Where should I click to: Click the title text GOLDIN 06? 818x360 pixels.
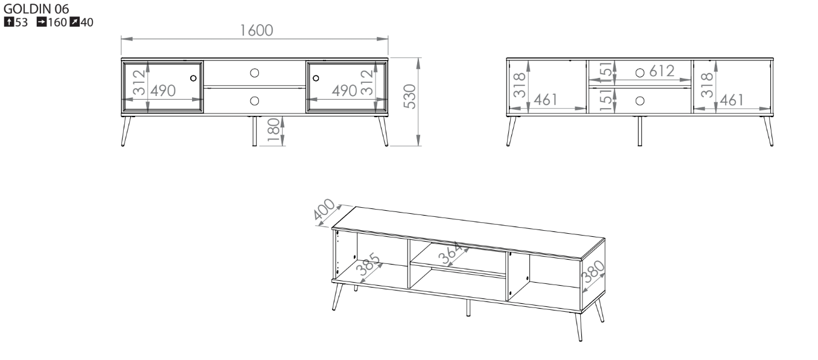click(36, 8)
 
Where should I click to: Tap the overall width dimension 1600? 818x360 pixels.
click(257, 31)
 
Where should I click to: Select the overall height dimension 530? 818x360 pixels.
click(410, 97)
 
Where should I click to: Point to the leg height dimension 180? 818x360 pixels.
click(273, 130)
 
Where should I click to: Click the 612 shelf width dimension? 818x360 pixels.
click(662, 71)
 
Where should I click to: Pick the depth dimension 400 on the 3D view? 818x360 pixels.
click(324, 209)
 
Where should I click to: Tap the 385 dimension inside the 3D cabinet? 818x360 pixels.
click(368, 264)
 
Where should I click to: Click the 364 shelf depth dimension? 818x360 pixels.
click(450, 253)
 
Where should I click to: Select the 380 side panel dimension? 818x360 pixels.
click(593, 271)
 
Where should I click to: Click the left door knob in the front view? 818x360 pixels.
click(193, 78)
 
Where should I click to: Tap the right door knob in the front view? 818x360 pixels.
click(316, 78)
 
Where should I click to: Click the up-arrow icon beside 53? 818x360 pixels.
click(9, 22)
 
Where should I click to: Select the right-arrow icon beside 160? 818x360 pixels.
click(42, 22)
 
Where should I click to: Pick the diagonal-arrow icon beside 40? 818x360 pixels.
click(74, 22)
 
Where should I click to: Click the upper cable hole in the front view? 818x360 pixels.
click(255, 73)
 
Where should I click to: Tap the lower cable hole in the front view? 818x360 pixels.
click(255, 101)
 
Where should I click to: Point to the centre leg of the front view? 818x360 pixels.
click(255, 131)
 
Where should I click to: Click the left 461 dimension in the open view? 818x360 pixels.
click(546, 100)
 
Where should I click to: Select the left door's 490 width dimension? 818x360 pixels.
click(163, 91)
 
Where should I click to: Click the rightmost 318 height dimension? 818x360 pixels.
click(708, 85)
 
